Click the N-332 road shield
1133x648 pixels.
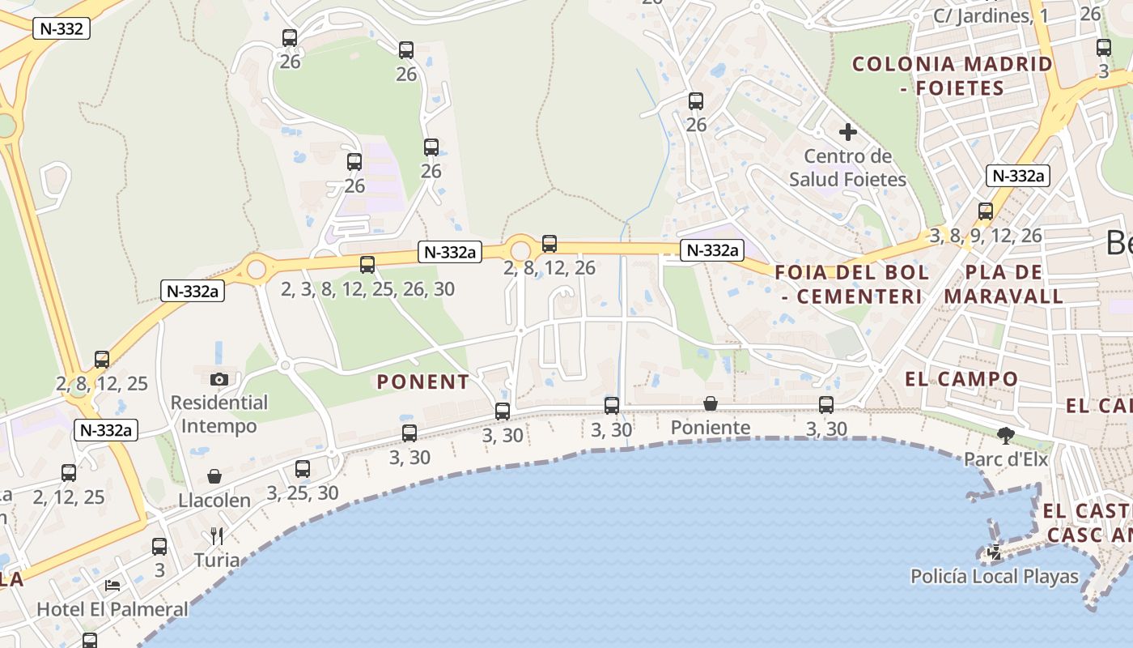click(62, 29)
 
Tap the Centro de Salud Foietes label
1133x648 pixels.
click(847, 168)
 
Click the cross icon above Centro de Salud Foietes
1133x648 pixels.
click(847, 132)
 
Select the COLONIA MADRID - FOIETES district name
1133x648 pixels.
click(952, 76)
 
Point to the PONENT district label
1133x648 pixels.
click(423, 382)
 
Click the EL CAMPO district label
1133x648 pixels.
click(961, 379)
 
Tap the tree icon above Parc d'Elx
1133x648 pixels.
click(1006, 437)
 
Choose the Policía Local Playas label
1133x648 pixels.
click(995, 577)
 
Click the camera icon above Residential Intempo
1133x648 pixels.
click(219, 379)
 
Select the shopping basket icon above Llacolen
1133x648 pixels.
click(214, 476)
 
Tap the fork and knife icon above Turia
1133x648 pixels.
click(216, 535)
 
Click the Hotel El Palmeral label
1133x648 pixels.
click(112, 609)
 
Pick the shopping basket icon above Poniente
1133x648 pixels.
click(710, 403)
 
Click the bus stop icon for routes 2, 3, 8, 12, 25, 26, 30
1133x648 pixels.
click(367, 265)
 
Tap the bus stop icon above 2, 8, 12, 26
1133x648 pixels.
click(550, 243)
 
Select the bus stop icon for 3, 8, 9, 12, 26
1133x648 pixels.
click(985, 211)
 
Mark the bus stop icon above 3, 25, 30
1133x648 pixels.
click(302, 469)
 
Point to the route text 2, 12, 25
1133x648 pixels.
click(69, 497)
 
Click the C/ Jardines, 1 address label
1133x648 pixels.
click(990, 16)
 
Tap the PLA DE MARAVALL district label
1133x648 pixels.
click(1004, 284)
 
